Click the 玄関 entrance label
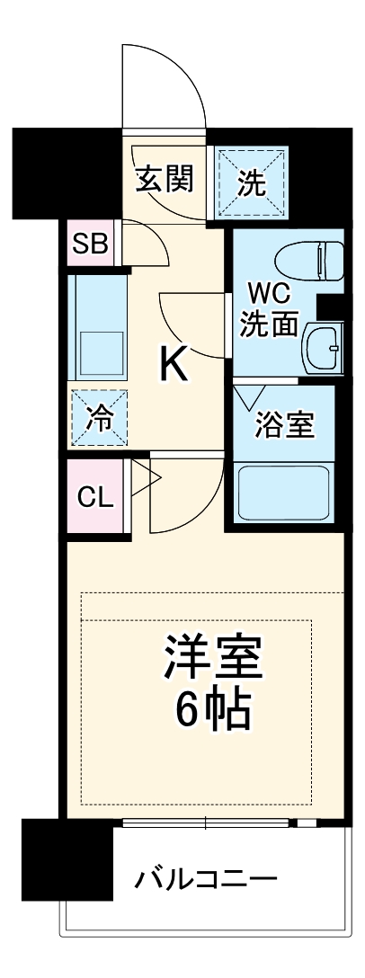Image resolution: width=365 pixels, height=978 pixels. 165,180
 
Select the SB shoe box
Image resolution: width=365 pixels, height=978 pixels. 90,243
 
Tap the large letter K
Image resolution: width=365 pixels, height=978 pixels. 174,365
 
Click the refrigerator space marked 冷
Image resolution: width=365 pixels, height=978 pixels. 99,417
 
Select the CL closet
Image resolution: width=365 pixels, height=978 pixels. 95,497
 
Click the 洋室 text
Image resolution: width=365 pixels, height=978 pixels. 213,658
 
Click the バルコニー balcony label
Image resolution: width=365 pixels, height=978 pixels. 206,877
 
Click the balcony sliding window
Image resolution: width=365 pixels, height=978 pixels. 206,822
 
